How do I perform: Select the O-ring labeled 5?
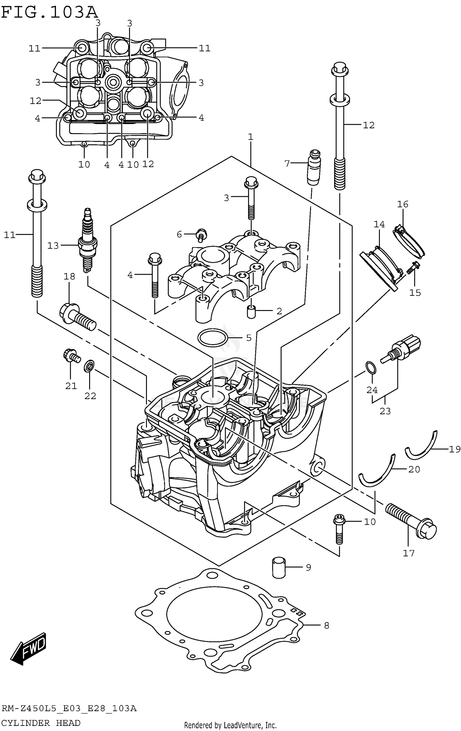[x=213, y=338]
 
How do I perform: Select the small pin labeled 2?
[x=251, y=312]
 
